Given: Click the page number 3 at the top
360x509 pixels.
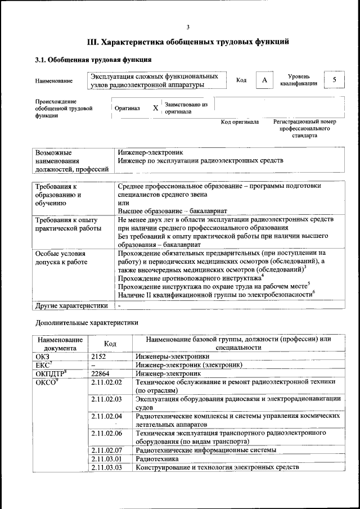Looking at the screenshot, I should coord(188,26).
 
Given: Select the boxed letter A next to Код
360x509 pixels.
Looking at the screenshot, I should coord(264,80).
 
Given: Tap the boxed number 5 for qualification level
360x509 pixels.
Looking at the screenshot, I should coord(335,80).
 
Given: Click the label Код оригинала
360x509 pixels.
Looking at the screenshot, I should coord(240,121).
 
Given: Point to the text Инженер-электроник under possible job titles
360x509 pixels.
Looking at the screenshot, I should coord(150,152).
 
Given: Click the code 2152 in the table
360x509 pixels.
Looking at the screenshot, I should coord(99,356).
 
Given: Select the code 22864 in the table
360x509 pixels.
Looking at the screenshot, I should coord(101,373).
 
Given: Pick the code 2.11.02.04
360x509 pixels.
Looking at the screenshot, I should coord(107,416).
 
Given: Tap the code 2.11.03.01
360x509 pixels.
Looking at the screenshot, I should coord(107,459).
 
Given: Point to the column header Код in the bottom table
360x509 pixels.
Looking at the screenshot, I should coord(110,344).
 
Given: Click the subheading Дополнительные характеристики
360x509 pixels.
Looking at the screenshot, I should coord(86,323).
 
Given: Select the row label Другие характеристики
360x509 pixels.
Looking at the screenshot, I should coord(71,305).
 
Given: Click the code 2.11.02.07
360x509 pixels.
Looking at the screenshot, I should coord(107,450).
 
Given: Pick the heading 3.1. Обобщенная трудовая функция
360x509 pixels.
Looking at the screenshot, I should coord(93,59).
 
